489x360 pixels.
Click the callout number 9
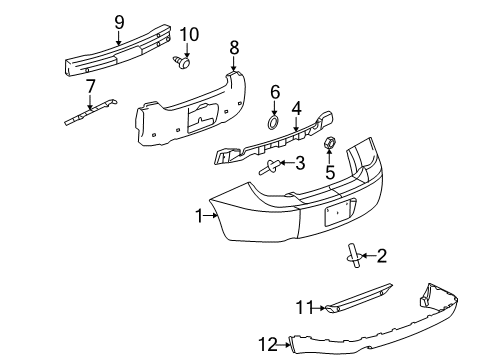pyautogui.click(x=119, y=20)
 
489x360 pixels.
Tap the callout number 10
pyautogui.click(x=188, y=34)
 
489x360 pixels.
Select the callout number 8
pyautogui.click(x=234, y=46)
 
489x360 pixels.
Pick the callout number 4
pyautogui.click(x=296, y=107)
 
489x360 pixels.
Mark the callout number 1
pyautogui.click(x=200, y=214)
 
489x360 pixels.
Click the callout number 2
pyautogui.click(x=380, y=256)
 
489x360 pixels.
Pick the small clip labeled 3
pyautogui.click(x=268, y=169)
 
